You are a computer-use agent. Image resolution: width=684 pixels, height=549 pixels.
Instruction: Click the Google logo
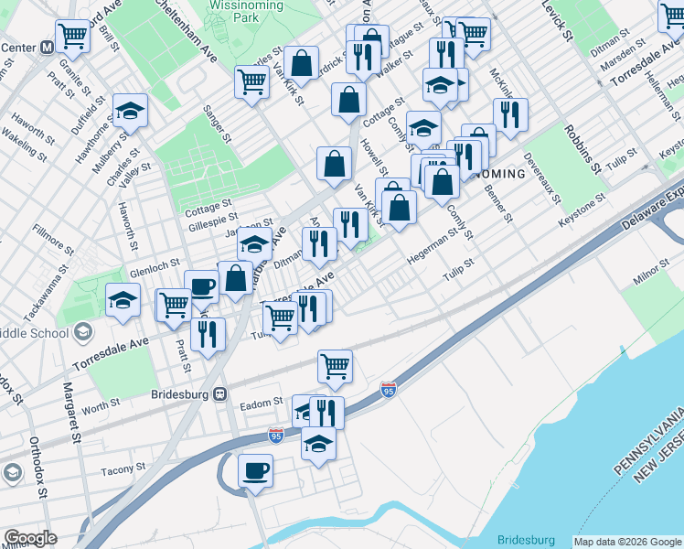[31, 537]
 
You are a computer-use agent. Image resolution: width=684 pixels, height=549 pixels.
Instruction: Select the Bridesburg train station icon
[219, 394]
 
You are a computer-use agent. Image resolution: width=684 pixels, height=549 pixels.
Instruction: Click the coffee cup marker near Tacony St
[255, 470]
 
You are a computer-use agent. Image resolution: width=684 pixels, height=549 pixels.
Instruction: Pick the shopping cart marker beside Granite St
[72, 36]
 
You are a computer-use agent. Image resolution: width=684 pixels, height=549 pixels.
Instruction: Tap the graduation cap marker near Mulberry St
[131, 111]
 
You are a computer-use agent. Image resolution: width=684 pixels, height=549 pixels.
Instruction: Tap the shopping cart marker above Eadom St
[336, 365]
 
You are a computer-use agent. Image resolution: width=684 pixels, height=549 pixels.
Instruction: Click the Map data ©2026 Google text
[627, 542]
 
